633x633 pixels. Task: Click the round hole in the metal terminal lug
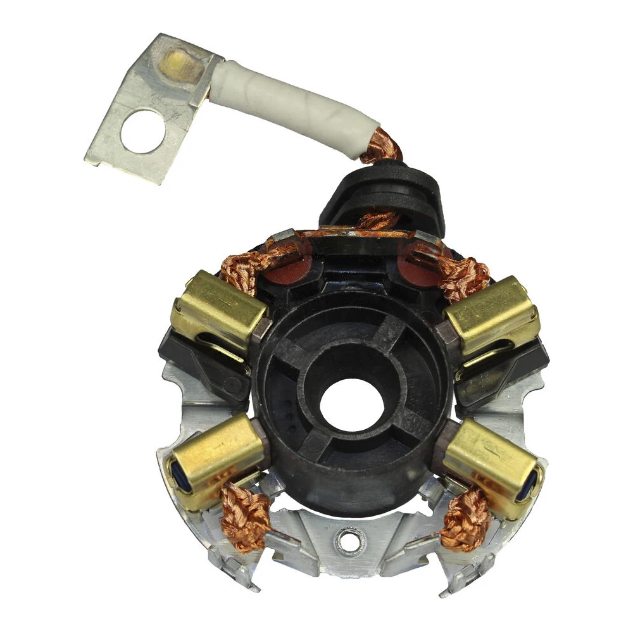click(143, 131)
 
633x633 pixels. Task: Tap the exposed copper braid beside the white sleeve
click(382, 146)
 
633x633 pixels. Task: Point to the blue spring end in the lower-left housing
click(174, 474)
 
